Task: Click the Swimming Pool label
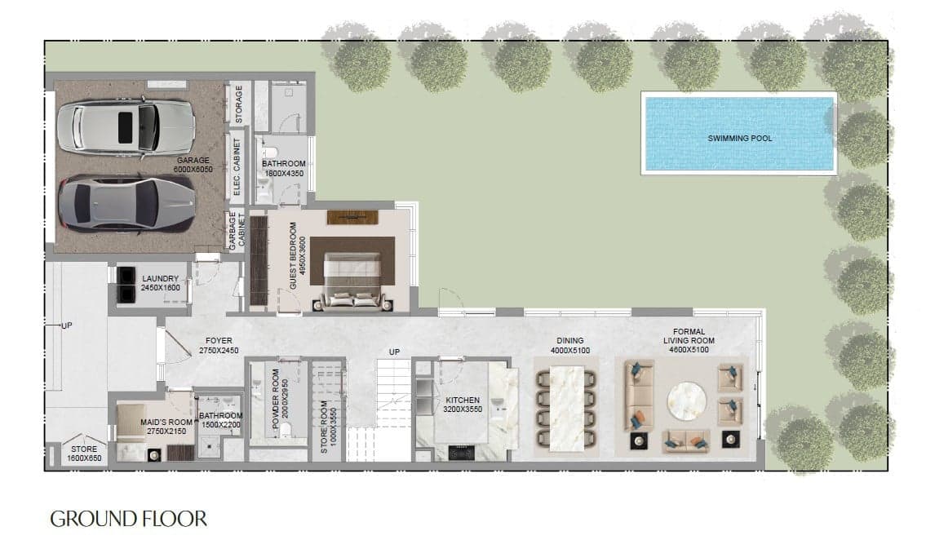click(x=739, y=139)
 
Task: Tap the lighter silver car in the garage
click(x=124, y=129)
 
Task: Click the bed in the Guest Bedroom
click(x=353, y=280)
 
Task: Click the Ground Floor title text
click(x=129, y=518)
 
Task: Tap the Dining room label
click(x=571, y=341)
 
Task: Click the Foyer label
click(x=219, y=341)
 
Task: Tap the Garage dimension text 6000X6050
click(x=193, y=170)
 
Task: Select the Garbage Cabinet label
click(x=237, y=232)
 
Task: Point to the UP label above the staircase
click(x=394, y=352)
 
